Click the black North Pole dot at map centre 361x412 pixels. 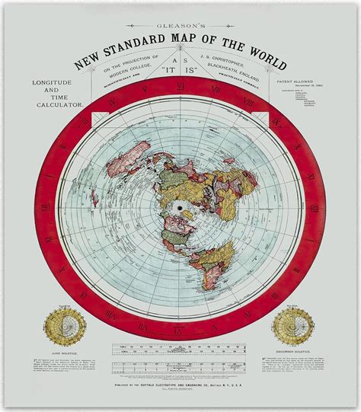point(180,206)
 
